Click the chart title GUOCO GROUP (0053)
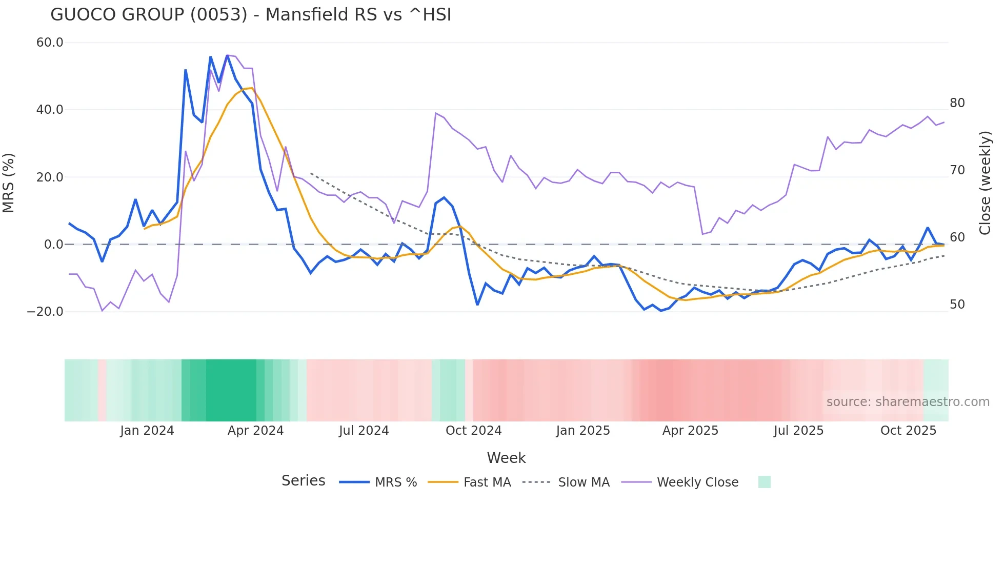pyautogui.click(x=251, y=14)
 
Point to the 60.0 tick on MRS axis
pyautogui.click(x=50, y=43)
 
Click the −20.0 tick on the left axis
pyautogui.click(x=45, y=312)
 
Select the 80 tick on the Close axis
pyautogui.click(x=957, y=103)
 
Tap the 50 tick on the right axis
pyautogui.click(x=957, y=305)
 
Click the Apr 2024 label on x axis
pyautogui.click(x=255, y=431)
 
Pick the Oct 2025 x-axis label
pyautogui.click(x=908, y=431)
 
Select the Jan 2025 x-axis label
pyautogui.click(x=583, y=431)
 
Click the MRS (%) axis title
pyautogui.click(x=9, y=183)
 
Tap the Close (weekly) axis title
pyautogui.click(x=984, y=183)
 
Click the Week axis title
pyautogui.click(x=506, y=458)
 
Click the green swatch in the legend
pyautogui.click(x=764, y=482)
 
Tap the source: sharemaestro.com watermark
pyautogui.click(x=908, y=402)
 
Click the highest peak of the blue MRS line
pyautogui.click(x=227, y=55)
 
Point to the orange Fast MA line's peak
pyautogui.click(x=252, y=88)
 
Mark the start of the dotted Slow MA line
pyautogui.click(x=311, y=173)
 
